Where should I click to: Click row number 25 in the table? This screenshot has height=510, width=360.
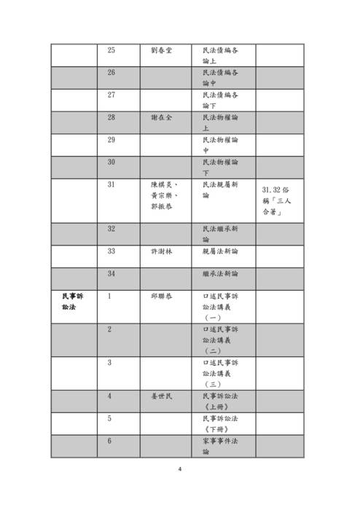point(111,50)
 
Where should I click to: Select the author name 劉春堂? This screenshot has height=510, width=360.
point(160,50)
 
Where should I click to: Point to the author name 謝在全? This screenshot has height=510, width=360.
point(160,117)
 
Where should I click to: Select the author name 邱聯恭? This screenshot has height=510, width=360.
point(160,297)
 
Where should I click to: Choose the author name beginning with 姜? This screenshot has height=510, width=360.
point(160,396)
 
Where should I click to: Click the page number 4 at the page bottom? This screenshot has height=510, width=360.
point(180,468)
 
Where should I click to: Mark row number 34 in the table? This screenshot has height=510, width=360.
point(111,273)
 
